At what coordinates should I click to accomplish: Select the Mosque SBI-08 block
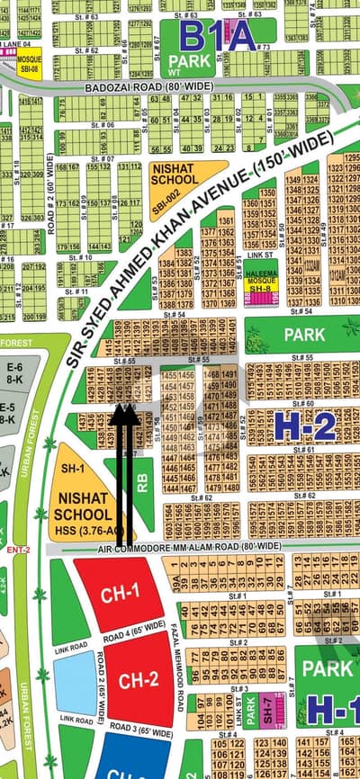(29, 66)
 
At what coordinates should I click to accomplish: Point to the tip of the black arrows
(125, 410)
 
